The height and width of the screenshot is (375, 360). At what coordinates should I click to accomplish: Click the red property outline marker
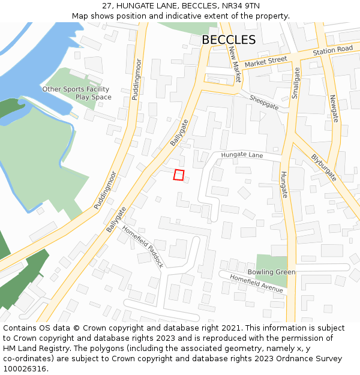click(x=178, y=175)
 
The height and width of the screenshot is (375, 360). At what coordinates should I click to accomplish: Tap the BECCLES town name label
click(x=228, y=40)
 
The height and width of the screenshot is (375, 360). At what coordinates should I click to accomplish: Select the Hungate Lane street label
click(x=242, y=155)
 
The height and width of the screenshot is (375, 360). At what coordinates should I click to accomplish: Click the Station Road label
click(x=332, y=50)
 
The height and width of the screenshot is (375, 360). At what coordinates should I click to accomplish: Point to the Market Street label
click(x=266, y=61)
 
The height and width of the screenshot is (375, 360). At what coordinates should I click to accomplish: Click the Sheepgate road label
click(x=264, y=103)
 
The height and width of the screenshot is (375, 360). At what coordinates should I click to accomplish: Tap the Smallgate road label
click(x=295, y=83)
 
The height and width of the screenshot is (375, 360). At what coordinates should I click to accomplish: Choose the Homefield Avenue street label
click(x=256, y=283)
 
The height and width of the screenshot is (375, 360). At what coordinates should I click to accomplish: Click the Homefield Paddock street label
click(x=142, y=246)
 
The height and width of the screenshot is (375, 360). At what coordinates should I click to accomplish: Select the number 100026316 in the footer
click(x=26, y=369)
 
